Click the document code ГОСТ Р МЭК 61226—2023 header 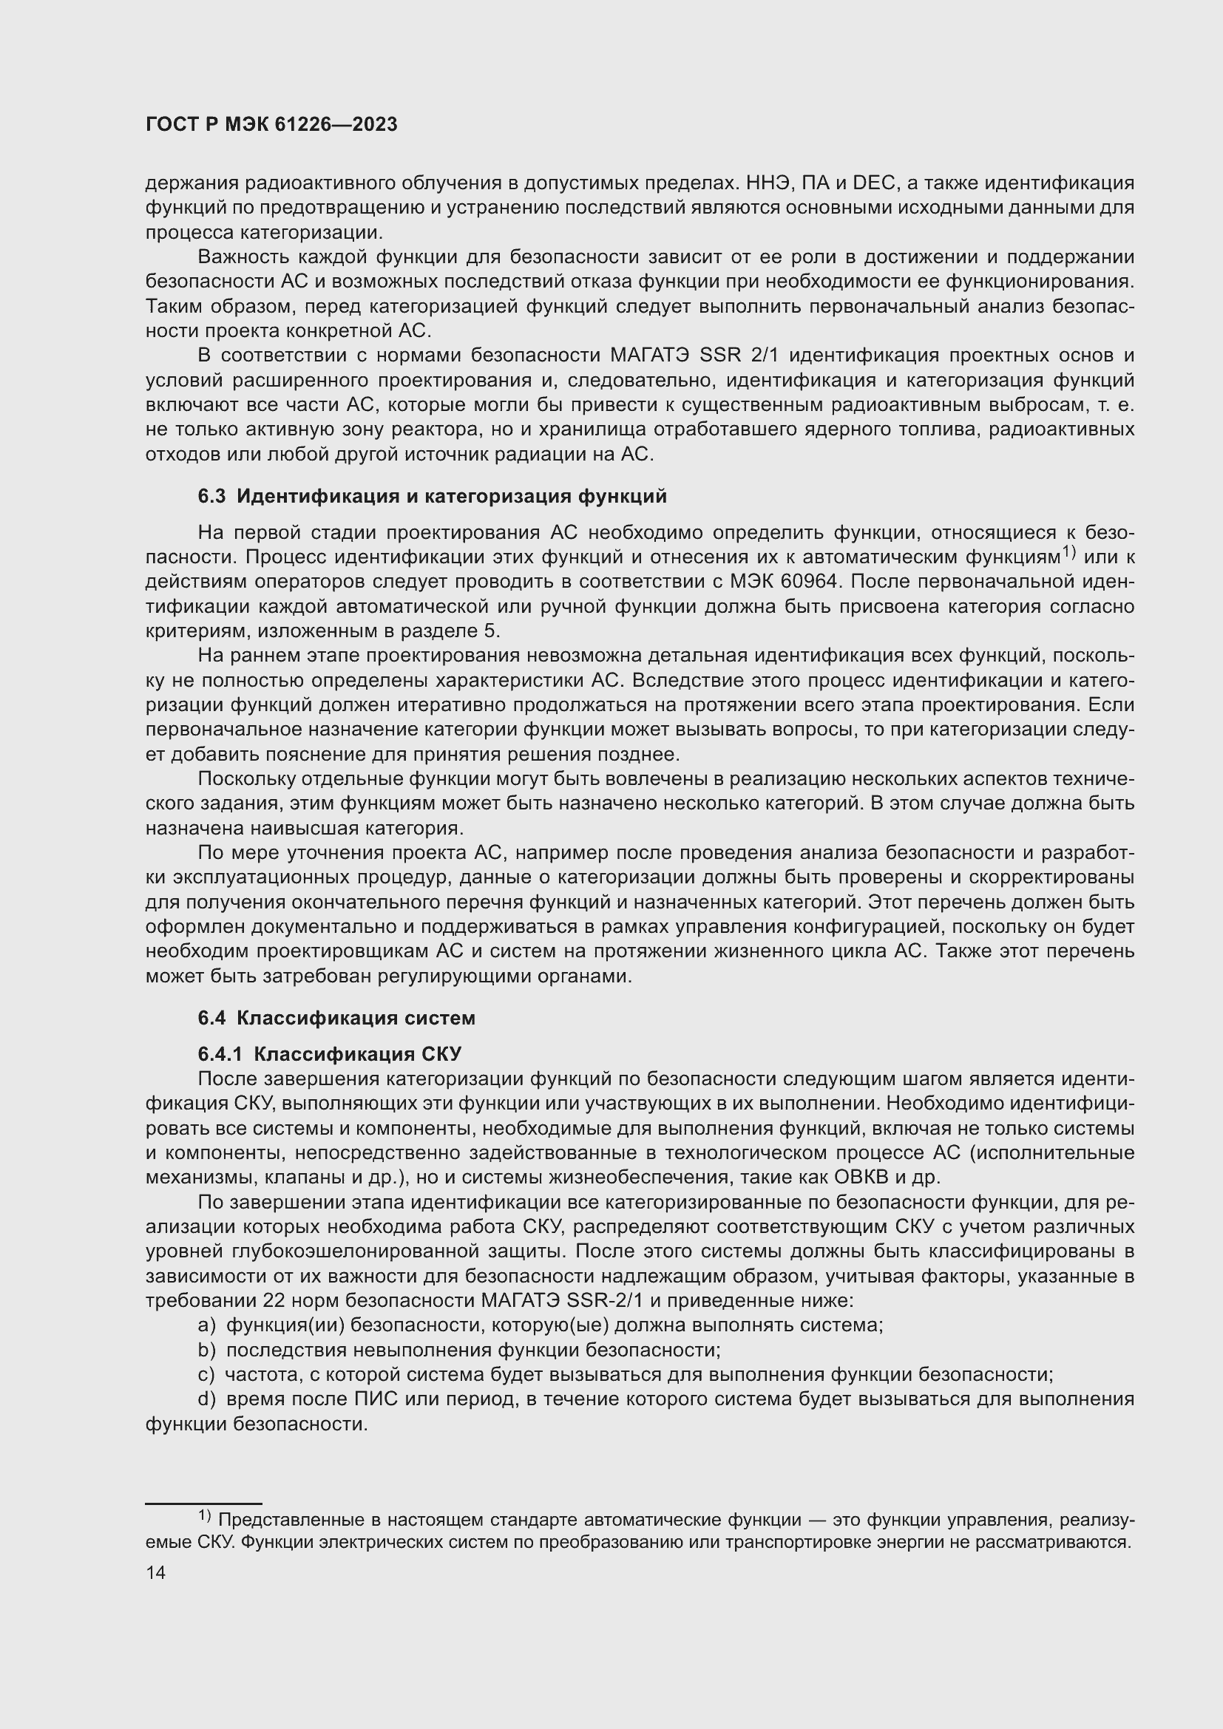tap(271, 125)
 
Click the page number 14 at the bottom tap(155, 1573)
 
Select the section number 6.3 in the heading tap(211, 496)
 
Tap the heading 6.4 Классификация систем tap(336, 1018)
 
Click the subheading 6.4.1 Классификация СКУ tap(329, 1054)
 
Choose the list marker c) tap(206, 1374)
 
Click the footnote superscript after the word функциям tap(1069, 554)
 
